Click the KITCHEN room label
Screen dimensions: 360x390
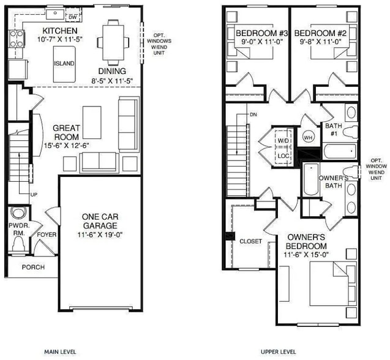tap(59, 31)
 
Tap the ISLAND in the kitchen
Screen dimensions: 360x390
tap(63, 63)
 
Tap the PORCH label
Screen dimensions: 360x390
tap(33, 267)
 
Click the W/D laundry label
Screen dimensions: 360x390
tap(283, 141)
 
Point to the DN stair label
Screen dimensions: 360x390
tap(253, 114)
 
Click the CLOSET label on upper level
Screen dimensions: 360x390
tap(250, 241)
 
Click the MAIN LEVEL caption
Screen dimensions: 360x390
tap(60, 352)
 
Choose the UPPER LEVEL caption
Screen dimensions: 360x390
tap(279, 352)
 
